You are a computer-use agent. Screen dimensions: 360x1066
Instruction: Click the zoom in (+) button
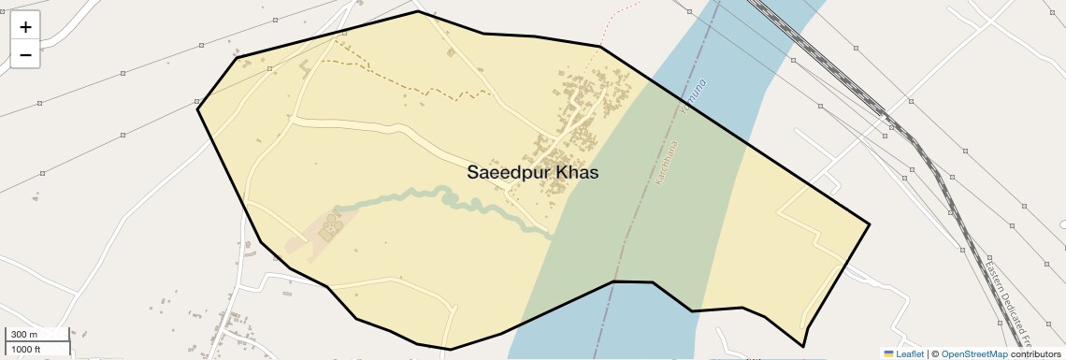[x=25, y=27]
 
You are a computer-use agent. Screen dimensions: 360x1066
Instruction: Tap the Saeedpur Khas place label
[x=532, y=173]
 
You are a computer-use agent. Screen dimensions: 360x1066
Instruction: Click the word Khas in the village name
[x=577, y=173]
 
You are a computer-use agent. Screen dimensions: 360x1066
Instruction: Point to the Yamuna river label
[x=693, y=98]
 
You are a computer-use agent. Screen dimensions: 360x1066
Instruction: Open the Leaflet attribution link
[x=910, y=353]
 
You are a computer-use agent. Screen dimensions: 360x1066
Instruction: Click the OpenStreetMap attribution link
[x=973, y=353]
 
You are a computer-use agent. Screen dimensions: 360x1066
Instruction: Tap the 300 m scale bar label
[x=24, y=335]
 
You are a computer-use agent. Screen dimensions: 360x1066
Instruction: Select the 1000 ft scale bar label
[x=27, y=349]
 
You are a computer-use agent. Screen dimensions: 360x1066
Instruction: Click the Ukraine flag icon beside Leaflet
[x=889, y=353]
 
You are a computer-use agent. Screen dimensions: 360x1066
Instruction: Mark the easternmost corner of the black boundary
[x=870, y=223]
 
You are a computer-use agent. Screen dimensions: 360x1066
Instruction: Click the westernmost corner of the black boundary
[x=197, y=109]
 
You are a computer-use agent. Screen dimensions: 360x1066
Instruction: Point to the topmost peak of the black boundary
[x=418, y=11]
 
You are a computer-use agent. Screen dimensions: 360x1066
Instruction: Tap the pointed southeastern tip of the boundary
[x=803, y=347]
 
